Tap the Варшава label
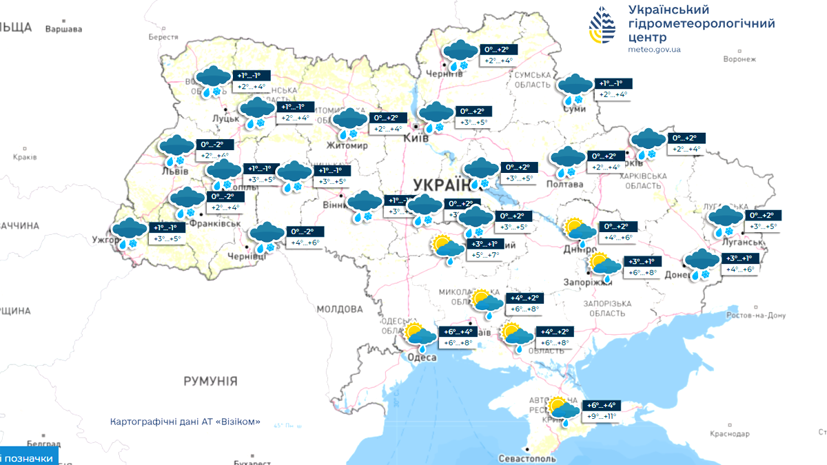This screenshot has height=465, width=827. click(63, 30)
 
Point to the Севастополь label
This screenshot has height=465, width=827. click(527, 458)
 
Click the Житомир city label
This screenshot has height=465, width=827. click(349, 146)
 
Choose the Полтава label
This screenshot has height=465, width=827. click(564, 184)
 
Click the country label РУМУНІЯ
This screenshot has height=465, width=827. click(210, 381)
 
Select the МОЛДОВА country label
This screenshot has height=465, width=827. click(339, 310)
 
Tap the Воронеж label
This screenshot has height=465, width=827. click(739, 59)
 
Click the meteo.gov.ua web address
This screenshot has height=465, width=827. click(654, 50)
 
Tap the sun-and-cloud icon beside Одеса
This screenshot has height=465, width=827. click(421, 335)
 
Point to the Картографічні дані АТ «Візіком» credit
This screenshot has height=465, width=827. click(185, 422)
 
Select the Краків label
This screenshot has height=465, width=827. click(24, 157)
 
